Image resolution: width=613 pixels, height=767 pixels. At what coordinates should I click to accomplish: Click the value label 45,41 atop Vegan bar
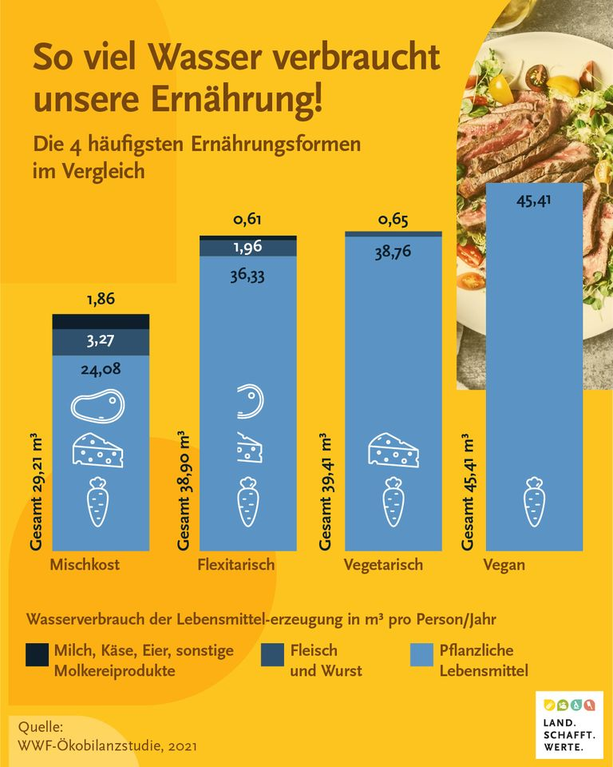tap(534, 200)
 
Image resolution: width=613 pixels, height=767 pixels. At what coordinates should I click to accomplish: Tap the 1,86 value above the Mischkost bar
tap(101, 300)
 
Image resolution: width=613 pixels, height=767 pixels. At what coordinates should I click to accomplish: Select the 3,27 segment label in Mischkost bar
tap(101, 341)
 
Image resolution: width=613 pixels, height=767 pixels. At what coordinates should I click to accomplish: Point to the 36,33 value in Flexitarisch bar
tap(247, 276)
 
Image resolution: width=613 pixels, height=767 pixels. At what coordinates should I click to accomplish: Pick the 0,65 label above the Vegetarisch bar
tap(394, 219)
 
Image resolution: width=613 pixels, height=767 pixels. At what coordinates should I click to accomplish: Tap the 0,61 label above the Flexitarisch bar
tap(247, 220)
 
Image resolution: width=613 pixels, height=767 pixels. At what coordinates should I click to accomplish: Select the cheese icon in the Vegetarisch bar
tap(393, 451)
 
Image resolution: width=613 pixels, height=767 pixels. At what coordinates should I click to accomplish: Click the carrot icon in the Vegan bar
tap(534, 502)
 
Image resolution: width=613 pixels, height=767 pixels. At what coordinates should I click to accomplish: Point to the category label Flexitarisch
tap(236, 565)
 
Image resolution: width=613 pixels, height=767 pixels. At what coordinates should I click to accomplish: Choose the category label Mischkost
tap(85, 565)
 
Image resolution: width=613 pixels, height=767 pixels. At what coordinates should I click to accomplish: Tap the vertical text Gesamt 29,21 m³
tap(37, 493)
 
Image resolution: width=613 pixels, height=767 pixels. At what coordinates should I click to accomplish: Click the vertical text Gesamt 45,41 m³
tap(469, 493)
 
